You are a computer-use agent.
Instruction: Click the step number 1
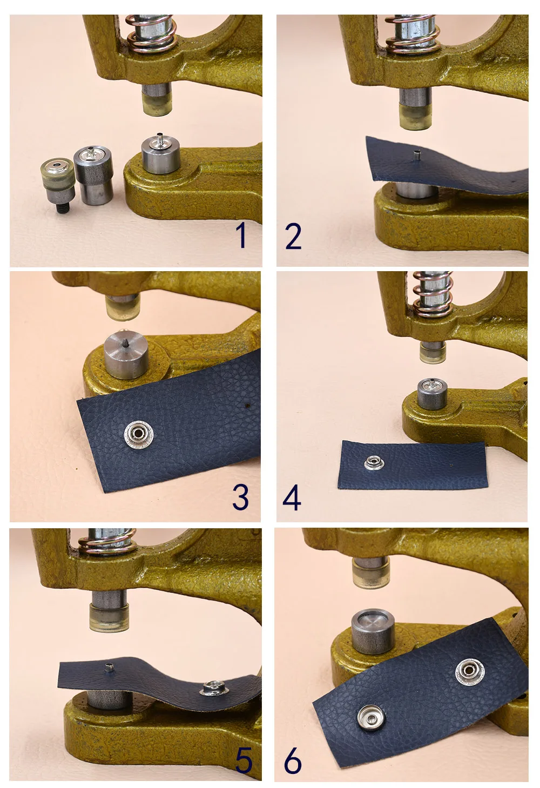click(x=241, y=235)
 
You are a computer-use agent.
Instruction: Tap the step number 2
click(x=293, y=236)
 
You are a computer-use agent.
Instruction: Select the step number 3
click(x=241, y=497)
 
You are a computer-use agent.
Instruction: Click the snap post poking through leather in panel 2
click(x=417, y=155)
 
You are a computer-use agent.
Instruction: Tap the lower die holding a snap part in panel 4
click(x=432, y=394)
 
